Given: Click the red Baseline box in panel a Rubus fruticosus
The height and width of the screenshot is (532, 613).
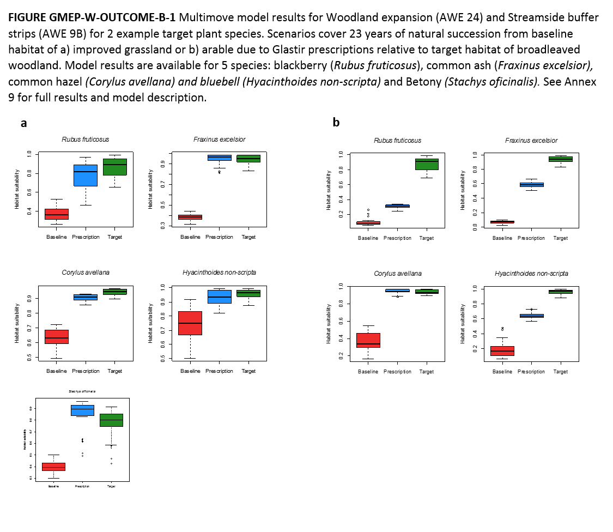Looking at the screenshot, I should [x=56, y=214].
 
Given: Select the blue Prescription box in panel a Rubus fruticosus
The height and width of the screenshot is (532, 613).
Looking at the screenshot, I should [x=86, y=176].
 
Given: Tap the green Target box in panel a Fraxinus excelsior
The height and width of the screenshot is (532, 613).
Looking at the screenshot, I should [x=248, y=158].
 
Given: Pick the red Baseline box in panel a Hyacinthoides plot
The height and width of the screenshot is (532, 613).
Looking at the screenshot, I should [x=190, y=323].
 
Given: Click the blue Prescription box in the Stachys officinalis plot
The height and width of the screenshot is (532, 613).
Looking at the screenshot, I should [x=82, y=410].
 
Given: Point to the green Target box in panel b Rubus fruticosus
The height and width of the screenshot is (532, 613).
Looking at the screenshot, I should [x=427, y=164].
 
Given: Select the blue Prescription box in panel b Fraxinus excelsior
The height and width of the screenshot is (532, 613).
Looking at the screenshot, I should [x=531, y=184].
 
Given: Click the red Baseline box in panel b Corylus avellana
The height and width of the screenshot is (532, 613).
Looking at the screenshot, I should [x=368, y=340].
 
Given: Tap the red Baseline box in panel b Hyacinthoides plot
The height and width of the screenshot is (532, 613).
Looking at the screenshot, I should [x=502, y=350].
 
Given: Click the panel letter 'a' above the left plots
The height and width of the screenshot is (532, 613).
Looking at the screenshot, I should [x=23, y=123].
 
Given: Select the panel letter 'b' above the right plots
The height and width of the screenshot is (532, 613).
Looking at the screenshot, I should [x=336, y=123].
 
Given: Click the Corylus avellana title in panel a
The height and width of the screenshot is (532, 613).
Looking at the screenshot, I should [x=86, y=273].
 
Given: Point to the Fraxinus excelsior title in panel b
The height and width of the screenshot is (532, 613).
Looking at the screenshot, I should [x=531, y=141].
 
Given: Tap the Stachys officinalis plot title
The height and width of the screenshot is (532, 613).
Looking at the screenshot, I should [x=82, y=391].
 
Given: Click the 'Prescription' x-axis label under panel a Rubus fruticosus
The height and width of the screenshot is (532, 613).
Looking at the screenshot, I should [x=86, y=237].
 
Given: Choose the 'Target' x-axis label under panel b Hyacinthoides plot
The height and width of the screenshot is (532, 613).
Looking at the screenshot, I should [x=561, y=372].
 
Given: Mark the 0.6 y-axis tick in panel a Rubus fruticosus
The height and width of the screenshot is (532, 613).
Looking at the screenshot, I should [x=29, y=192].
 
